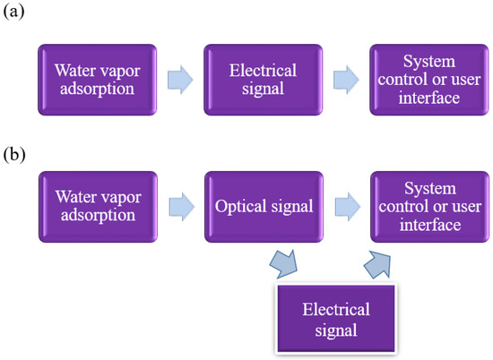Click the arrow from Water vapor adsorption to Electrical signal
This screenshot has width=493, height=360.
pyautogui.click(x=179, y=80)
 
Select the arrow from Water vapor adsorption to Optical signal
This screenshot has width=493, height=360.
pyautogui.click(x=179, y=207)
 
